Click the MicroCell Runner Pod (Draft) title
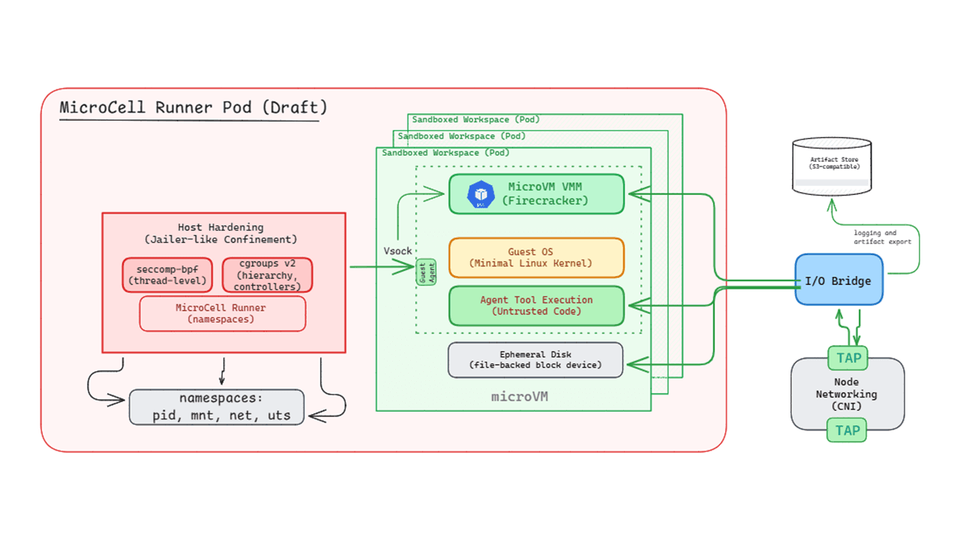click(x=193, y=107)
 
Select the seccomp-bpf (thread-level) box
click(x=167, y=275)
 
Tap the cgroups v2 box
click(x=267, y=275)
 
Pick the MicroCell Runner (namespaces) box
click(x=222, y=313)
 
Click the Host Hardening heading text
click(x=220, y=233)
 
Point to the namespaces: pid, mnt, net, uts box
click(x=217, y=407)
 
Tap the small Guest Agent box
click(x=426, y=271)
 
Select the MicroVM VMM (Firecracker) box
click(x=536, y=193)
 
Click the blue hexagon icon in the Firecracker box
click(x=481, y=194)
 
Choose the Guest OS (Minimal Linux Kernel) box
click(x=536, y=257)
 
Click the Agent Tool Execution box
click(x=536, y=305)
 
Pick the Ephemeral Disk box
click(x=535, y=360)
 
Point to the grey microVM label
click(x=519, y=396)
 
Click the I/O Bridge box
click(x=838, y=280)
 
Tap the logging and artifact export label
click(x=882, y=238)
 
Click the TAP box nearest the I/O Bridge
click(x=847, y=358)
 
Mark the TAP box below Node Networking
click(x=847, y=430)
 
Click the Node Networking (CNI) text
click(x=847, y=394)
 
